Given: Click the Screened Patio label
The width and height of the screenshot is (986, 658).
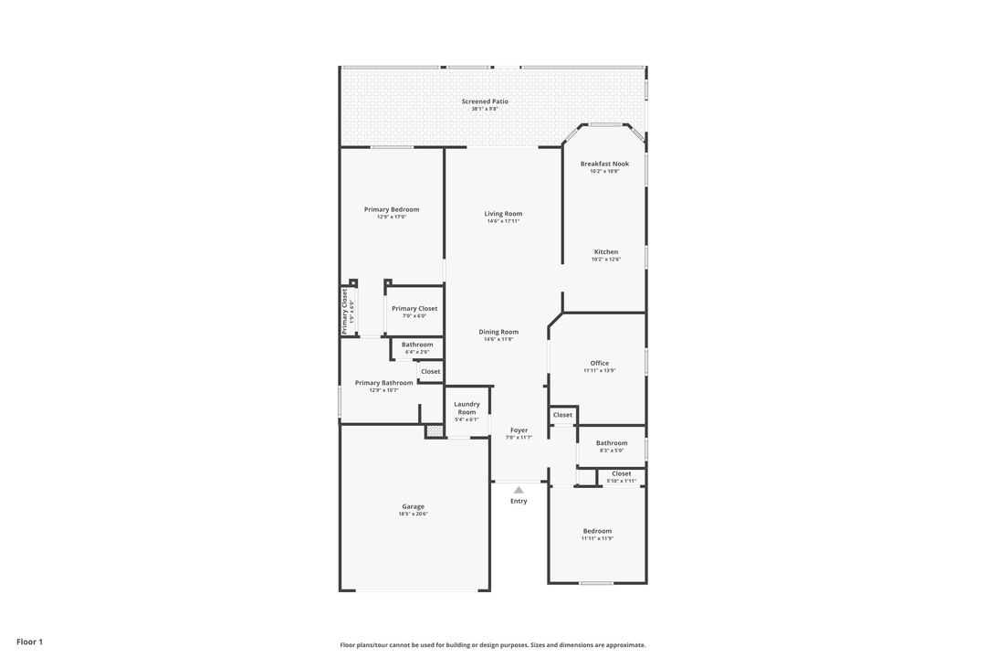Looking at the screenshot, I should [485, 101].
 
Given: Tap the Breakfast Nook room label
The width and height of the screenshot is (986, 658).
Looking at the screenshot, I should [604, 164].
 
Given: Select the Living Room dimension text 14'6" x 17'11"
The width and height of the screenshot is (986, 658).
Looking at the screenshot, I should [503, 221].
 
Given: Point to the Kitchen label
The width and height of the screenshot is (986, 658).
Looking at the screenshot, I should [606, 252].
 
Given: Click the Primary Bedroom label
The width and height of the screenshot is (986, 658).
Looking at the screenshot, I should [392, 209].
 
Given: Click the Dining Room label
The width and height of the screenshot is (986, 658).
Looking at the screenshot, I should [498, 332].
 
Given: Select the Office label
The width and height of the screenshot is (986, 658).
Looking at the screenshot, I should [600, 363].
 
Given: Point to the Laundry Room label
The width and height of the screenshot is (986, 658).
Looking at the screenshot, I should [467, 408].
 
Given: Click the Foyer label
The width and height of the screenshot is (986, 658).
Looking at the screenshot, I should [519, 430].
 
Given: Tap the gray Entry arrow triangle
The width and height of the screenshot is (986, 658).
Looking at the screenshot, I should [519, 490].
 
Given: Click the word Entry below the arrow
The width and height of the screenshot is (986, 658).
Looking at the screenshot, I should [519, 501].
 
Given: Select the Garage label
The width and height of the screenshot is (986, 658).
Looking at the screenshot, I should [413, 506].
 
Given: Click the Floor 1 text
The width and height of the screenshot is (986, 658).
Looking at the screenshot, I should [29, 642].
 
